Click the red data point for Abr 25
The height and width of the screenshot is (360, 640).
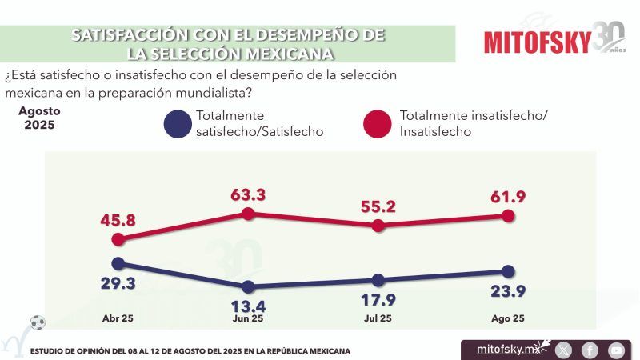118,238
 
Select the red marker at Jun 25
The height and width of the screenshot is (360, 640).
248,214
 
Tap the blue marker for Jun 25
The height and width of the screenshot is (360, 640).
248,286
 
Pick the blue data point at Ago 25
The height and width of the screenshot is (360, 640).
508,272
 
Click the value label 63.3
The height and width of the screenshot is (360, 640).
247,194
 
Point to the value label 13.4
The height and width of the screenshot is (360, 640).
247,306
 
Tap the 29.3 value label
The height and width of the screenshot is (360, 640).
118,283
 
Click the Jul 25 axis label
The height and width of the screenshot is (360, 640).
377,318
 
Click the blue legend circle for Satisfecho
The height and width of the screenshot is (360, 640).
177,124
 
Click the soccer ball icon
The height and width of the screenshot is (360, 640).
37,323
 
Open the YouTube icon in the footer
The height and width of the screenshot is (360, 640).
616,350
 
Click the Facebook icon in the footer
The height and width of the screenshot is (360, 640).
590,350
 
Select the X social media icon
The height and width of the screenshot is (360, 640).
564,350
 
